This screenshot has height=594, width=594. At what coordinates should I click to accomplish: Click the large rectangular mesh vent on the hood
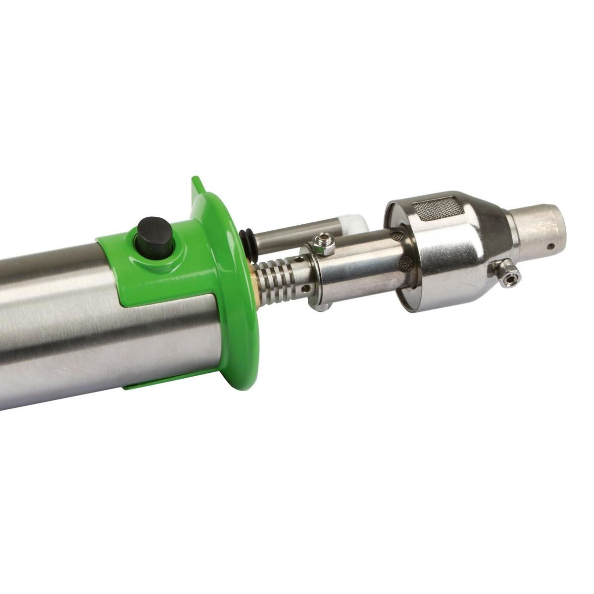pyautogui.click(x=442, y=207)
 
